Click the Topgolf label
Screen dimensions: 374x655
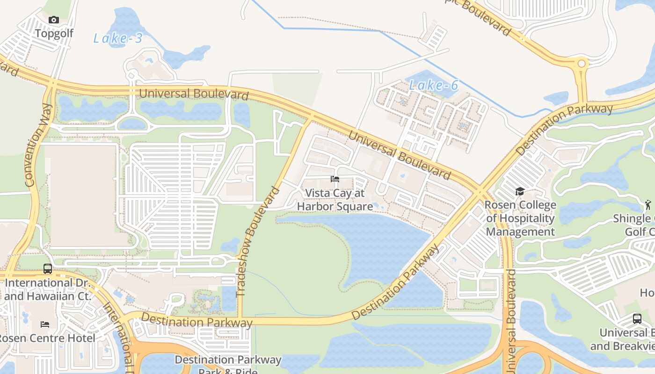point(54,33)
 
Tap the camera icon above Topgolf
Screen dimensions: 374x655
point(54,20)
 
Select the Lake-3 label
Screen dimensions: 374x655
point(118,38)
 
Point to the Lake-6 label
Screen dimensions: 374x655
point(433,85)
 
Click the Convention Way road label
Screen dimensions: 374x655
point(38,145)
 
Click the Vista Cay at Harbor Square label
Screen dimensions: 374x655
point(335,200)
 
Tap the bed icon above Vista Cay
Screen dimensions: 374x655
point(335,179)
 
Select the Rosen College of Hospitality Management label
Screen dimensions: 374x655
point(520,218)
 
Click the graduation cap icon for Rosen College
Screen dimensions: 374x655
point(520,191)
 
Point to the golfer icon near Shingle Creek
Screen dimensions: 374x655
point(648,204)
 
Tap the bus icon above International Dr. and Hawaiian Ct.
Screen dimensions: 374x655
point(48,269)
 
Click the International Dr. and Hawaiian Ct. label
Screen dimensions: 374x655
point(45,289)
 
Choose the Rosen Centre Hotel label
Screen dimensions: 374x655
point(47,338)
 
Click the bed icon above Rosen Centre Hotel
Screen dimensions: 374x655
point(45,324)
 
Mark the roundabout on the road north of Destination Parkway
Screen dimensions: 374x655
point(582,63)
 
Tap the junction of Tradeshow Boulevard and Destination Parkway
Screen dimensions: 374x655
point(240,321)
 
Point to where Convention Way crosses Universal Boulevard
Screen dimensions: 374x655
point(52,85)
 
